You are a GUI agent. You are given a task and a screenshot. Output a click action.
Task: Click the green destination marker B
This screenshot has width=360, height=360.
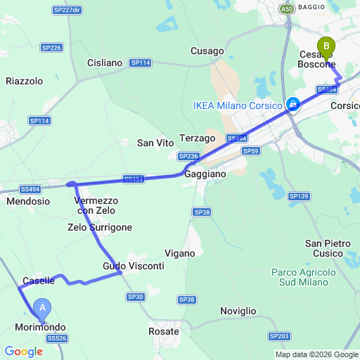326,47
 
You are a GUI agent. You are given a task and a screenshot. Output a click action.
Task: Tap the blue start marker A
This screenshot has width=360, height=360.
44,307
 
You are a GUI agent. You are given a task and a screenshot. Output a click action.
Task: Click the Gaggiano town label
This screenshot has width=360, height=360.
206,173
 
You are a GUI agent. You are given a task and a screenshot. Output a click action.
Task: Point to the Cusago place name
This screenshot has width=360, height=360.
207,51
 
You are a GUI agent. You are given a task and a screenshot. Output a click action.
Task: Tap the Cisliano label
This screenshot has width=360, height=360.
105,63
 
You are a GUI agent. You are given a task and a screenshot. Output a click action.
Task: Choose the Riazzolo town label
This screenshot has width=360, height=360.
24,81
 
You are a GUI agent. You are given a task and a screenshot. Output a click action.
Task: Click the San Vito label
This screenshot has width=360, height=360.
155,143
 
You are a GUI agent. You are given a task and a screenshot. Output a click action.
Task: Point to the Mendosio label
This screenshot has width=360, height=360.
27,201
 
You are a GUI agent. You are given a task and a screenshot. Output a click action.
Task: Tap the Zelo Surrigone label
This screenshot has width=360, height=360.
100,227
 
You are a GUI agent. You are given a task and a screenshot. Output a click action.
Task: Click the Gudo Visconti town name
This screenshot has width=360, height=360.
134,266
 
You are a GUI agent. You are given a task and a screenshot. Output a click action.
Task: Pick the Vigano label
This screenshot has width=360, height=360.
179,253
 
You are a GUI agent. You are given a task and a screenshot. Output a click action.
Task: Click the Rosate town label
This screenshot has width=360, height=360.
164,330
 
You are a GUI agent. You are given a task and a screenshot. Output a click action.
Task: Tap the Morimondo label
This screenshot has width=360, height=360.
41,328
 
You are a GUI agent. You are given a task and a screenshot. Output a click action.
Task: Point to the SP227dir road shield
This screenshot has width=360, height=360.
67,10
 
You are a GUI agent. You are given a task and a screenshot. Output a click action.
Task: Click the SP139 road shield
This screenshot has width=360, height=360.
299,195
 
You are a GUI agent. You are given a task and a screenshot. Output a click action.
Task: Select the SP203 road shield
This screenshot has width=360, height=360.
279,337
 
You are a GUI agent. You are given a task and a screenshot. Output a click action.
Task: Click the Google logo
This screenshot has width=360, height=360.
22,351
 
